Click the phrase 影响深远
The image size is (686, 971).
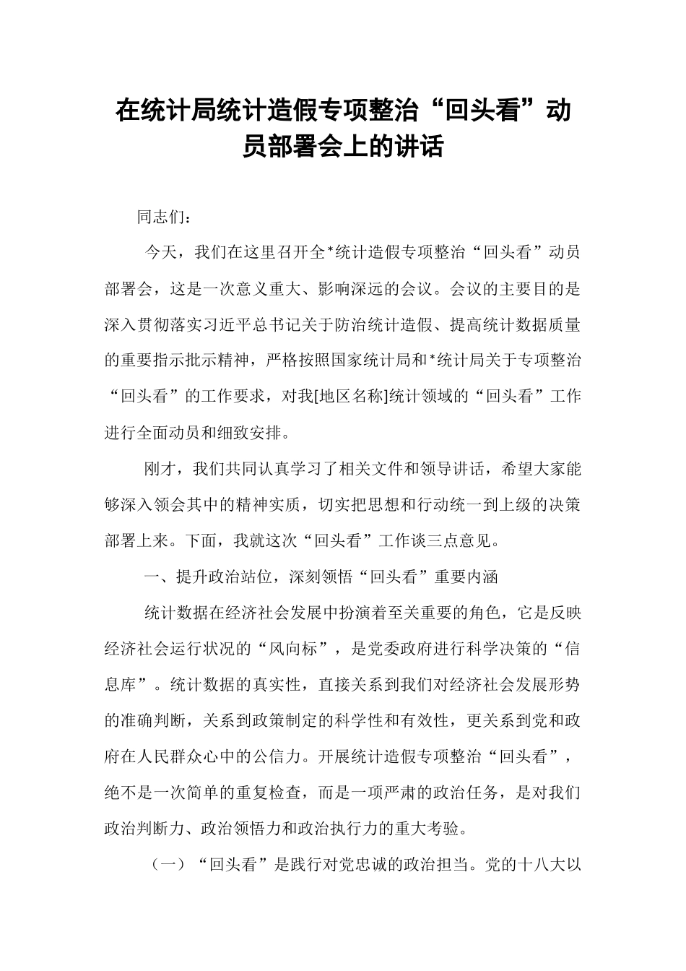pyautogui.click(x=355, y=290)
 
